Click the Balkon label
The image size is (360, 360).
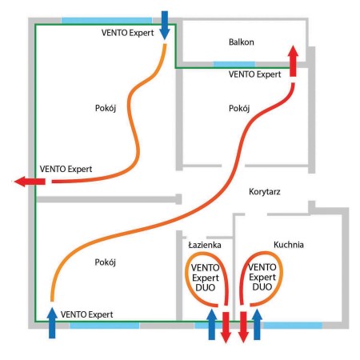(242, 42)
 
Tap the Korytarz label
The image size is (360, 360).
(265, 192)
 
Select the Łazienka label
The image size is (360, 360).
(205, 245)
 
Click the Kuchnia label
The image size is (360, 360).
(289, 245)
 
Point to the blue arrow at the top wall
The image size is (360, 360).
(165, 26)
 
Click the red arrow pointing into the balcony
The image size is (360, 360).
(293, 61)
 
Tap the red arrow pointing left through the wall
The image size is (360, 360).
(30, 182)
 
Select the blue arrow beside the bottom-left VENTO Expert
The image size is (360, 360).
(52, 322)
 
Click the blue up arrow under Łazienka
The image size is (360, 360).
(212, 324)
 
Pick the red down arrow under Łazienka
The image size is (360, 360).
(226, 327)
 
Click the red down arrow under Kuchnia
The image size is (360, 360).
(243, 327)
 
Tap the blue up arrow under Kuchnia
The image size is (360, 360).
(257, 324)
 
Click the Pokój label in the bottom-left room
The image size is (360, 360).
(106, 262)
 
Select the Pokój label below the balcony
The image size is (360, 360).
(239, 109)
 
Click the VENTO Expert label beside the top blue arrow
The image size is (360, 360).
(127, 33)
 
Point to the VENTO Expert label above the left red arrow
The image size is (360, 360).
(66, 169)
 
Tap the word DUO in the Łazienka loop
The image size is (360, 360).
(206, 288)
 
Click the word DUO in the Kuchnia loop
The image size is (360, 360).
(262, 287)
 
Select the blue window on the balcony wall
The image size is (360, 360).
(234, 64)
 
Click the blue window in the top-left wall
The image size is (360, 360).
(106, 20)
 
